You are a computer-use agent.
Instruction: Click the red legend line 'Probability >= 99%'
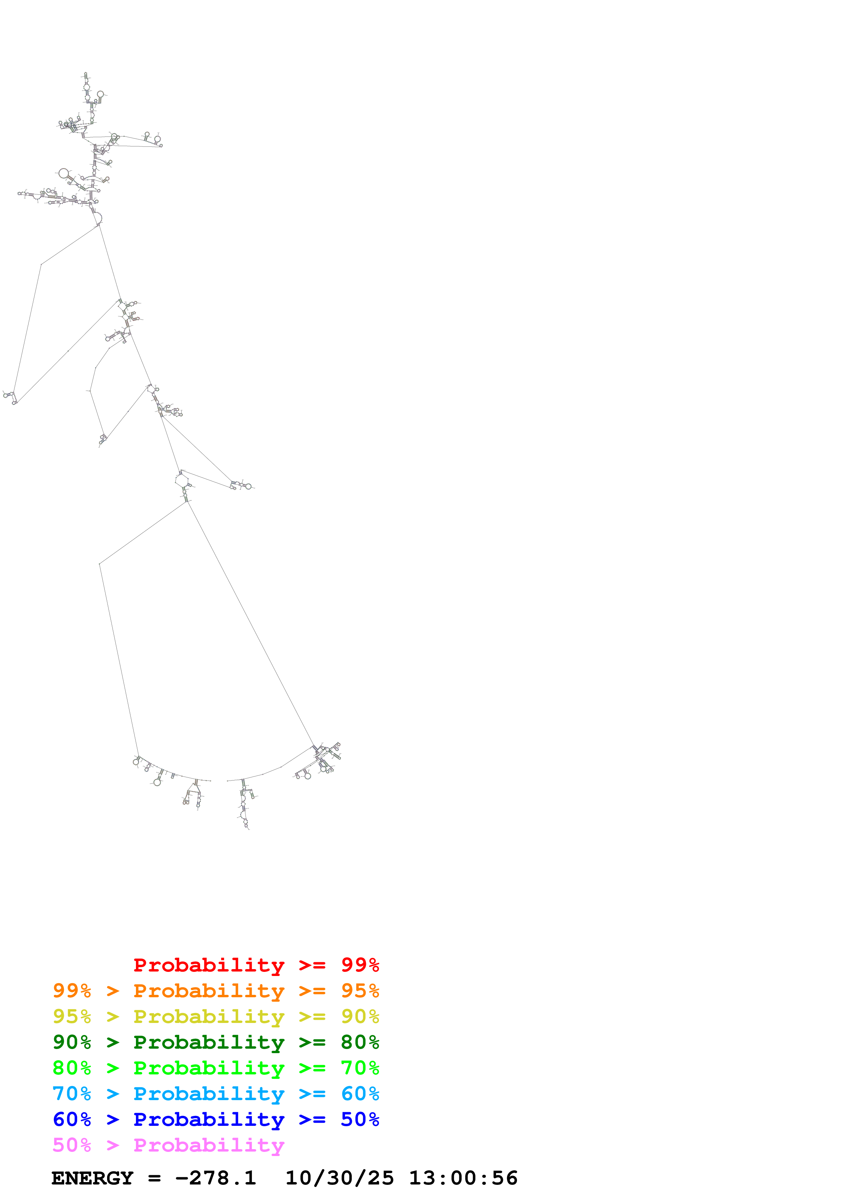point(256,965)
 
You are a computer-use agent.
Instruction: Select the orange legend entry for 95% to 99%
point(216,991)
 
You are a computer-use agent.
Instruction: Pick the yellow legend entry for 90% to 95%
point(216,1016)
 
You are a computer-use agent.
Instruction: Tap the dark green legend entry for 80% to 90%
point(216,1042)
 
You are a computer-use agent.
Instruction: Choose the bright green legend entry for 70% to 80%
point(216,1068)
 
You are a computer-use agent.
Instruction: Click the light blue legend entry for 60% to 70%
point(216,1094)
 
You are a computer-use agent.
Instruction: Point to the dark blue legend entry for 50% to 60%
point(216,1119)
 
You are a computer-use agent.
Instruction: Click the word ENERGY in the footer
point(92,1178)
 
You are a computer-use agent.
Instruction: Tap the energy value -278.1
point(216,1178)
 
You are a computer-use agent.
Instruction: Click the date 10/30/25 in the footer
point(339,1178)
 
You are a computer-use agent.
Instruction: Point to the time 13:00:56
point(463,1178)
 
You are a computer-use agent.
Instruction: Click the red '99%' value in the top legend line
point(360,965)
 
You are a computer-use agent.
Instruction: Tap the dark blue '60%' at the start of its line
point(72,1119)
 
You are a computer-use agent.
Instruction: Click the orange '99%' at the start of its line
point(72,991)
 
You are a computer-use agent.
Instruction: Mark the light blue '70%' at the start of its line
point(72,1094)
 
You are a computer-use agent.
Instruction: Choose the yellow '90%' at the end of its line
point(360,1016)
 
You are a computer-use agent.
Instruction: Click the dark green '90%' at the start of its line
point(72,1042)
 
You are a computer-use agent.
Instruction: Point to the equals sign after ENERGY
point(154,1178)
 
